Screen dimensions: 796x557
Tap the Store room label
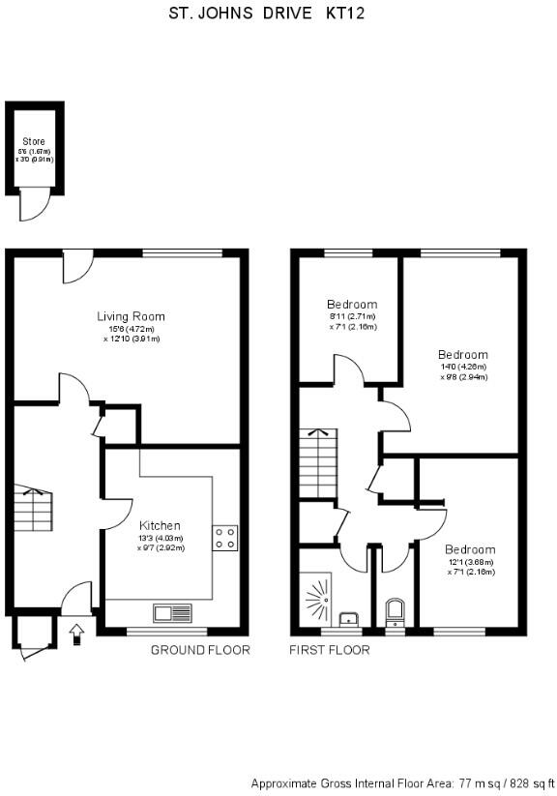pos(34,141)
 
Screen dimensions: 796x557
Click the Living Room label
pos(131,316)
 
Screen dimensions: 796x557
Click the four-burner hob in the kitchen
pos(225,538)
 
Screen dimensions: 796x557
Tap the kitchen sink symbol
pos(172,612)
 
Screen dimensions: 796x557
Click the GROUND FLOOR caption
pos(200,650)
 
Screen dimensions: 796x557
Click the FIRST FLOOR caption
pos(330,650)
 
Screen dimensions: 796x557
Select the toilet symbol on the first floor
pos(395,612)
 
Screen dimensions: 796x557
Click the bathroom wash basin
pos(350,618)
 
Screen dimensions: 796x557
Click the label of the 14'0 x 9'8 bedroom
pos(462,355)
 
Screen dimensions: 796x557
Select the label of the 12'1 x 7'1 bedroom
pos(470,549)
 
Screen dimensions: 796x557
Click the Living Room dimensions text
pos(131,334)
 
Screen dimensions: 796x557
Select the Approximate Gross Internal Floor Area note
pos(402,782)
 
